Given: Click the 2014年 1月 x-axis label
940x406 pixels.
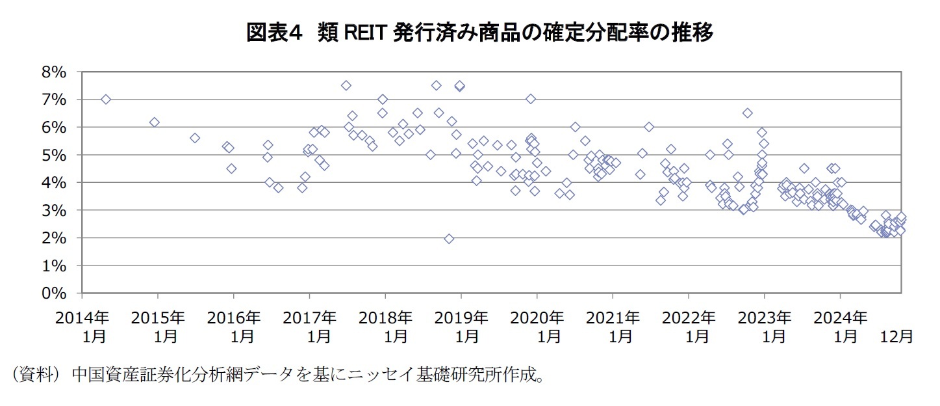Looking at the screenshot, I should point(81,327).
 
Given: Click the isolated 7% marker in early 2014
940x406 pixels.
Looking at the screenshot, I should point(106,99).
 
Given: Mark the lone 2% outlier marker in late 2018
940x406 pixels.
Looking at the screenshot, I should point(449,239).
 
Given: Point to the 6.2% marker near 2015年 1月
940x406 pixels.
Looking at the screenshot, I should point(154,122).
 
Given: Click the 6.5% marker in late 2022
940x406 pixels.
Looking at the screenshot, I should point(748,113).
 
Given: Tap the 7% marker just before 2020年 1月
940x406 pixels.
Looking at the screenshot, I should point(531,99).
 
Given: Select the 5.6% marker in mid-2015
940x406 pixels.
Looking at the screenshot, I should point(195,138).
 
